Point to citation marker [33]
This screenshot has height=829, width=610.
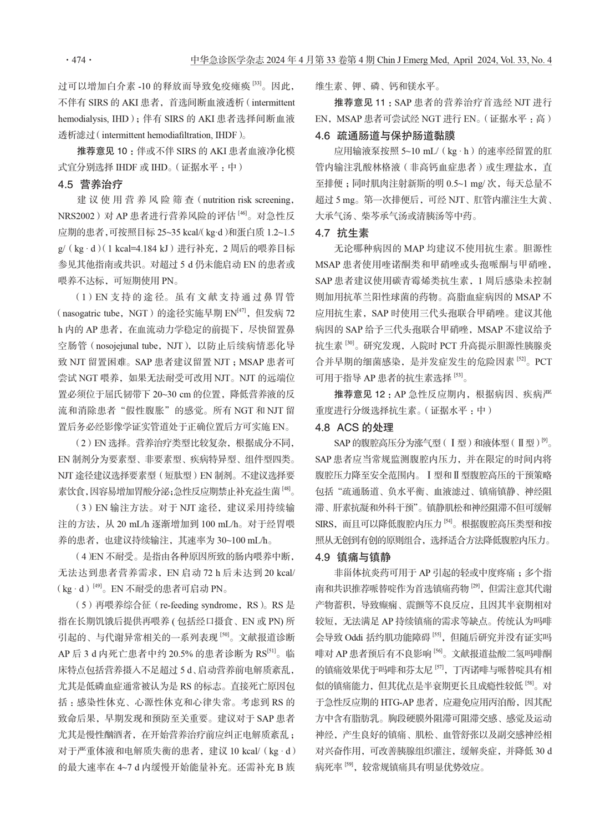[x=257, y=84]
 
